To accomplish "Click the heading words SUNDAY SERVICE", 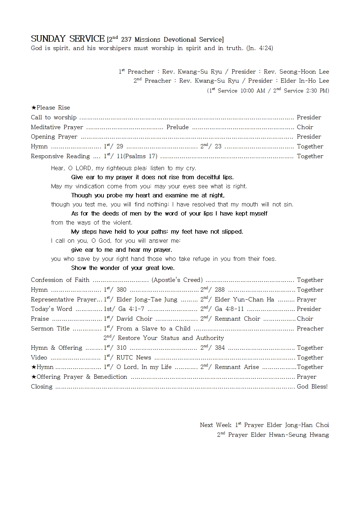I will tap(67, 39).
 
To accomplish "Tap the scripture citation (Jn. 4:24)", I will tap(259, 48).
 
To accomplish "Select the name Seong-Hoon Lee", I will tap(304, 72).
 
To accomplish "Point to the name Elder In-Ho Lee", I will tap(304, 81).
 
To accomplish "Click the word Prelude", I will tap(177, 127).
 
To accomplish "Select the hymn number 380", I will tap(121, 290).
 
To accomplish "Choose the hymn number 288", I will tap(220, 290).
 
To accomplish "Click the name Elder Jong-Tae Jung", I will tap(147, 300).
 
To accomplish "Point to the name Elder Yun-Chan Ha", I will tap(244, 300).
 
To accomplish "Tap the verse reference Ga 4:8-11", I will tap(229, 309).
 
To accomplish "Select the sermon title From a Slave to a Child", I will tap(153, 329).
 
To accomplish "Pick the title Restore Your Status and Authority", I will tap(171, 338).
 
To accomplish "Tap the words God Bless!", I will tap(312, 387).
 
